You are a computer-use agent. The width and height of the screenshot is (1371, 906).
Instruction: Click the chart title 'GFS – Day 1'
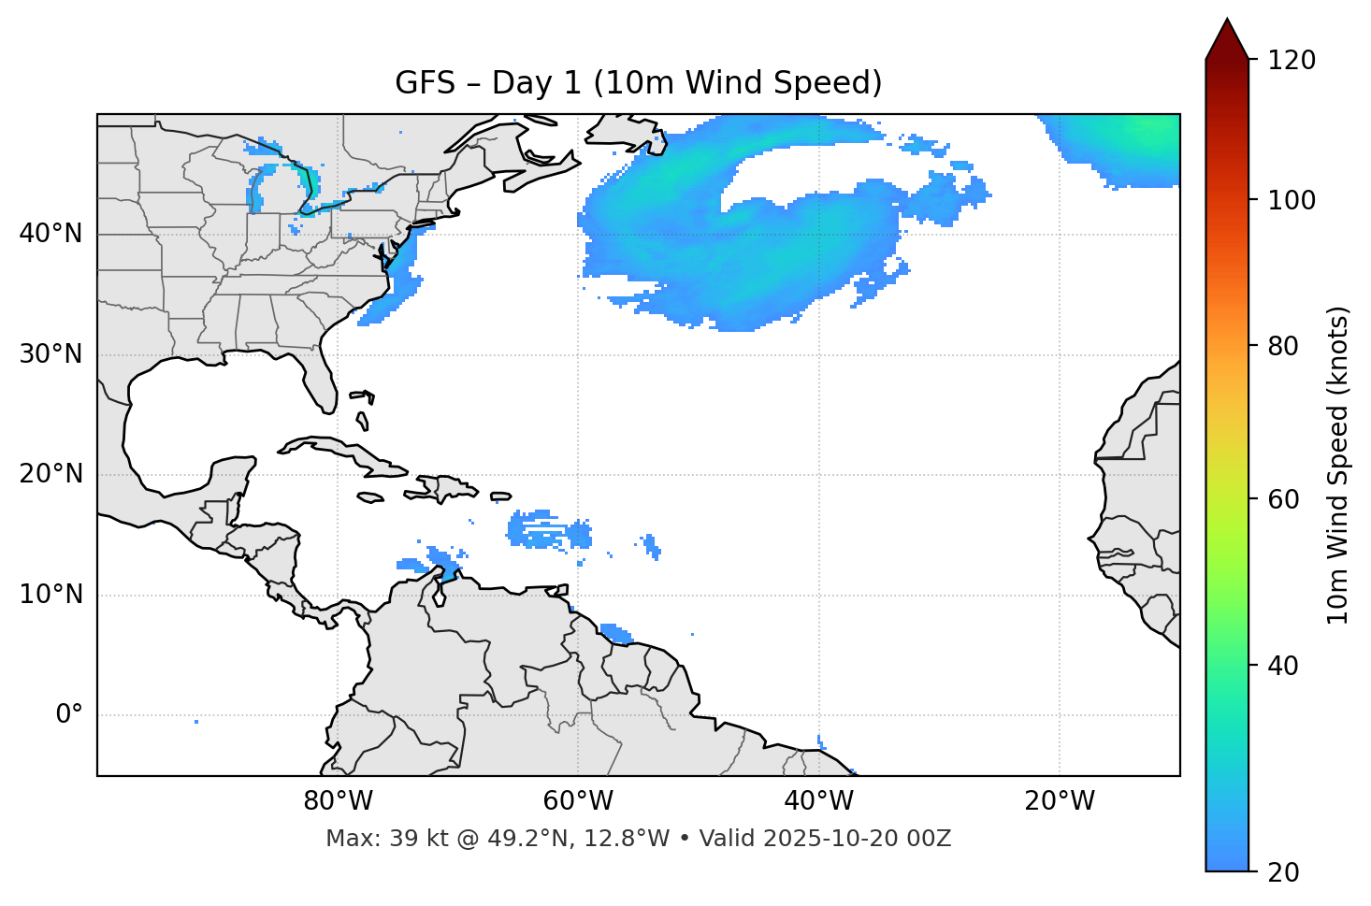point(638,83)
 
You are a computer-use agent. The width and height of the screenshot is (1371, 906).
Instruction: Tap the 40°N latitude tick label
point(51,234)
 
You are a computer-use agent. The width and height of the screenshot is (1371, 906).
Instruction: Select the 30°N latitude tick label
point(51,354)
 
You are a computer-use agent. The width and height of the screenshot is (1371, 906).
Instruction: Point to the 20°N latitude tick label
point(51,474)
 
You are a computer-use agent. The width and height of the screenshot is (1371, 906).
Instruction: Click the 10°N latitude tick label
point(51,595)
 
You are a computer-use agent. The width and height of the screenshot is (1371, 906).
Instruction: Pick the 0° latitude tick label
point(68,715)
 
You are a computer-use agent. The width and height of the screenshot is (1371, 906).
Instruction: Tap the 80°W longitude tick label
point(338,801)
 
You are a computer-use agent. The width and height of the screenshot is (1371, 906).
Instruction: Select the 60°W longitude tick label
point(578,801)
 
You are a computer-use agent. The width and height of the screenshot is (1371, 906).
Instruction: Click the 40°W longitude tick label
point(818,801)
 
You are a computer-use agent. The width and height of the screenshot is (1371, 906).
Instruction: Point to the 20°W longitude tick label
point(1059,801)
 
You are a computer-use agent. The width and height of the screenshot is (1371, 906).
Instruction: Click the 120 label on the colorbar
point(1291,60)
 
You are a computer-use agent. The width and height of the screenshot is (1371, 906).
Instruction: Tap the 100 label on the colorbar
point(1291,200)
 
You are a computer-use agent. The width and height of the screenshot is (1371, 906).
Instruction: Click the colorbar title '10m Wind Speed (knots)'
point(1338,465)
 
